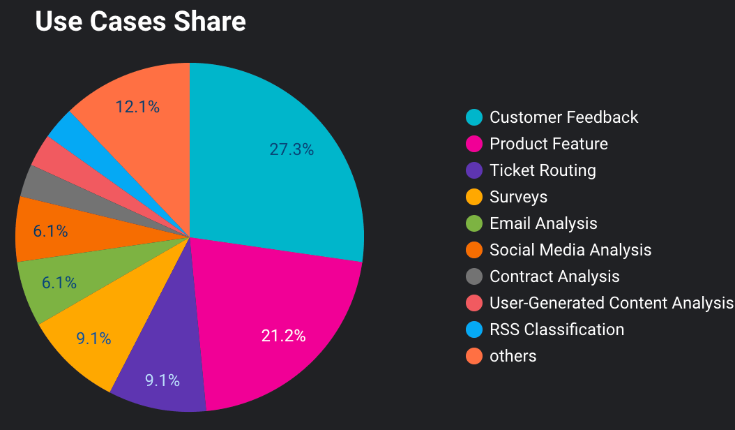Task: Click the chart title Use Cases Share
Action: pyautogui.click(x=140, y=22)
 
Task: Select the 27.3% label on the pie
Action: pyautogui.click(x=291, y=149)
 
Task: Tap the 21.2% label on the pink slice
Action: pyautogui.click(x=283, y=336)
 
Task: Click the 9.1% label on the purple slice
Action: pyautogui.click(x=162, y=380)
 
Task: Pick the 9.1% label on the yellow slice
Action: pyautogui.click(x=94, y=339)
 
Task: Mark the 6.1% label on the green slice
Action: pyautogui.click(x=59, y=283)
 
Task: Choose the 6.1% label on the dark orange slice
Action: pyautogui.click(x=50, y=231)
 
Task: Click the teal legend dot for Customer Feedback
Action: pyautogui.click(x=474, y=117)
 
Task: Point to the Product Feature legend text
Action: pyautogui.click(x=549, y=144)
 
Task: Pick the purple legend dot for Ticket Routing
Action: pyautogui.click(x=474, y=170)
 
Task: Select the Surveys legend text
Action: pyautogui.click(x=518, y=197)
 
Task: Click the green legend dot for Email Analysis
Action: pyautogui.click(x=474, y=223)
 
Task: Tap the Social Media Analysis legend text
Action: pyautogui.click(x=570, y=250)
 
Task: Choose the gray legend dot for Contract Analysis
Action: pyautogui.click(x=474, y=276)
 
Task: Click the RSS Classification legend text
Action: pyautogui.click(x=556, y=329)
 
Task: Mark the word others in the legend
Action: pyautogui.click(x=513, y=356)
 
